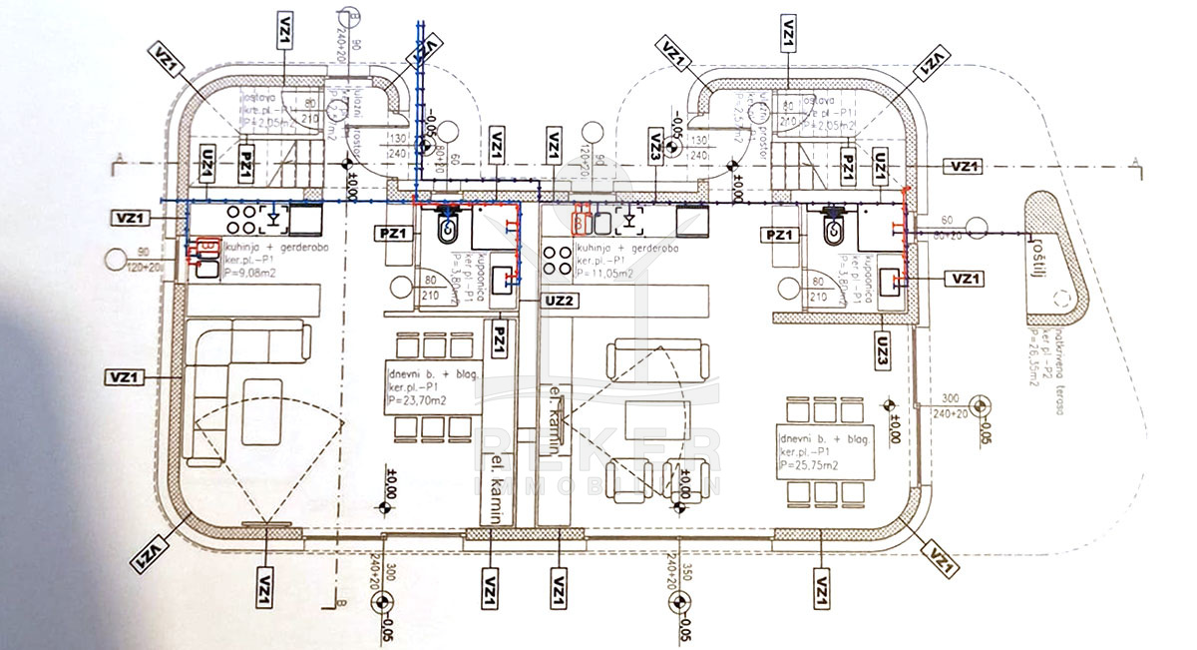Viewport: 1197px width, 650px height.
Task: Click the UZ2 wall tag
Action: point(559,299)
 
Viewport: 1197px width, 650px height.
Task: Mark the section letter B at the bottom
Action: point(339,603)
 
